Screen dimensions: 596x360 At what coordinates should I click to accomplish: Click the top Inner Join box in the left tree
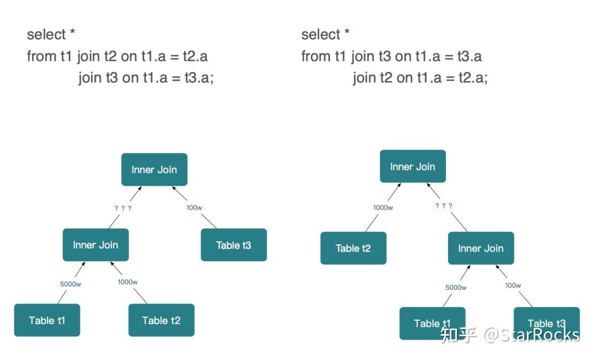click(x=155, y=170)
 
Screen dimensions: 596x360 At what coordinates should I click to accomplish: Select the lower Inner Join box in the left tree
click(x=96, y=245)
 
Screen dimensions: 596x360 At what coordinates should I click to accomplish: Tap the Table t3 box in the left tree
click(x=234, y=245)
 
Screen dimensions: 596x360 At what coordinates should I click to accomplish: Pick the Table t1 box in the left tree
click(x=47, y=320)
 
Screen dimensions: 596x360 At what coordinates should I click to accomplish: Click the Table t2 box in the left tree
click(x=162, y=320)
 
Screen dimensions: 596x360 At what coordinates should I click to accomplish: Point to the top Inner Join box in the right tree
click(x=413, y=166)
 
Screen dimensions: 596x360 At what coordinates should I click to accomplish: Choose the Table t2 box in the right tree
click(x=354, y=248)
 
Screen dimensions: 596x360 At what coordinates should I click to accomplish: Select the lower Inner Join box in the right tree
click(x=481, y=248)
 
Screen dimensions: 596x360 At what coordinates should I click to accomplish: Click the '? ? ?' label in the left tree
click(x=123, y=208)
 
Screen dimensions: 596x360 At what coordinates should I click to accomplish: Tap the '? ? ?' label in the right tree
click(x=444, y=205)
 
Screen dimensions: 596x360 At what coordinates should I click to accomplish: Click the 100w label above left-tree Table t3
click(x=194, y=208)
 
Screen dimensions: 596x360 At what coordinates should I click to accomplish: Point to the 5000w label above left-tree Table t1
click(x=70, y=284)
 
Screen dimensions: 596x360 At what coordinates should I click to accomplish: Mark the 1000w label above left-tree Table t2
click(x=127, y=282)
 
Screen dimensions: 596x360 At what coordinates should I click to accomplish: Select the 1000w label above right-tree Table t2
click(x=383, y=208)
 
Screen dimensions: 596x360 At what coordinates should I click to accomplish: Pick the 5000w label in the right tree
click(x=456, y=287)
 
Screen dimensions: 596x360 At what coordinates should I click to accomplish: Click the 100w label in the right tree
click(x=513, y=285)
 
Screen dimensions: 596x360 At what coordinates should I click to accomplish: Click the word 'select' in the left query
click(x=46, y=35)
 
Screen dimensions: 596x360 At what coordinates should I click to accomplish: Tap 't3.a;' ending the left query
click(x=199, y=78)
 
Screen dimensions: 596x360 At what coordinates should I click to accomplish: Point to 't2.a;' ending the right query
click(x=473, y=78)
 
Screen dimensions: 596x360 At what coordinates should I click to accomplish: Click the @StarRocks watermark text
click(x=532, y=335)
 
